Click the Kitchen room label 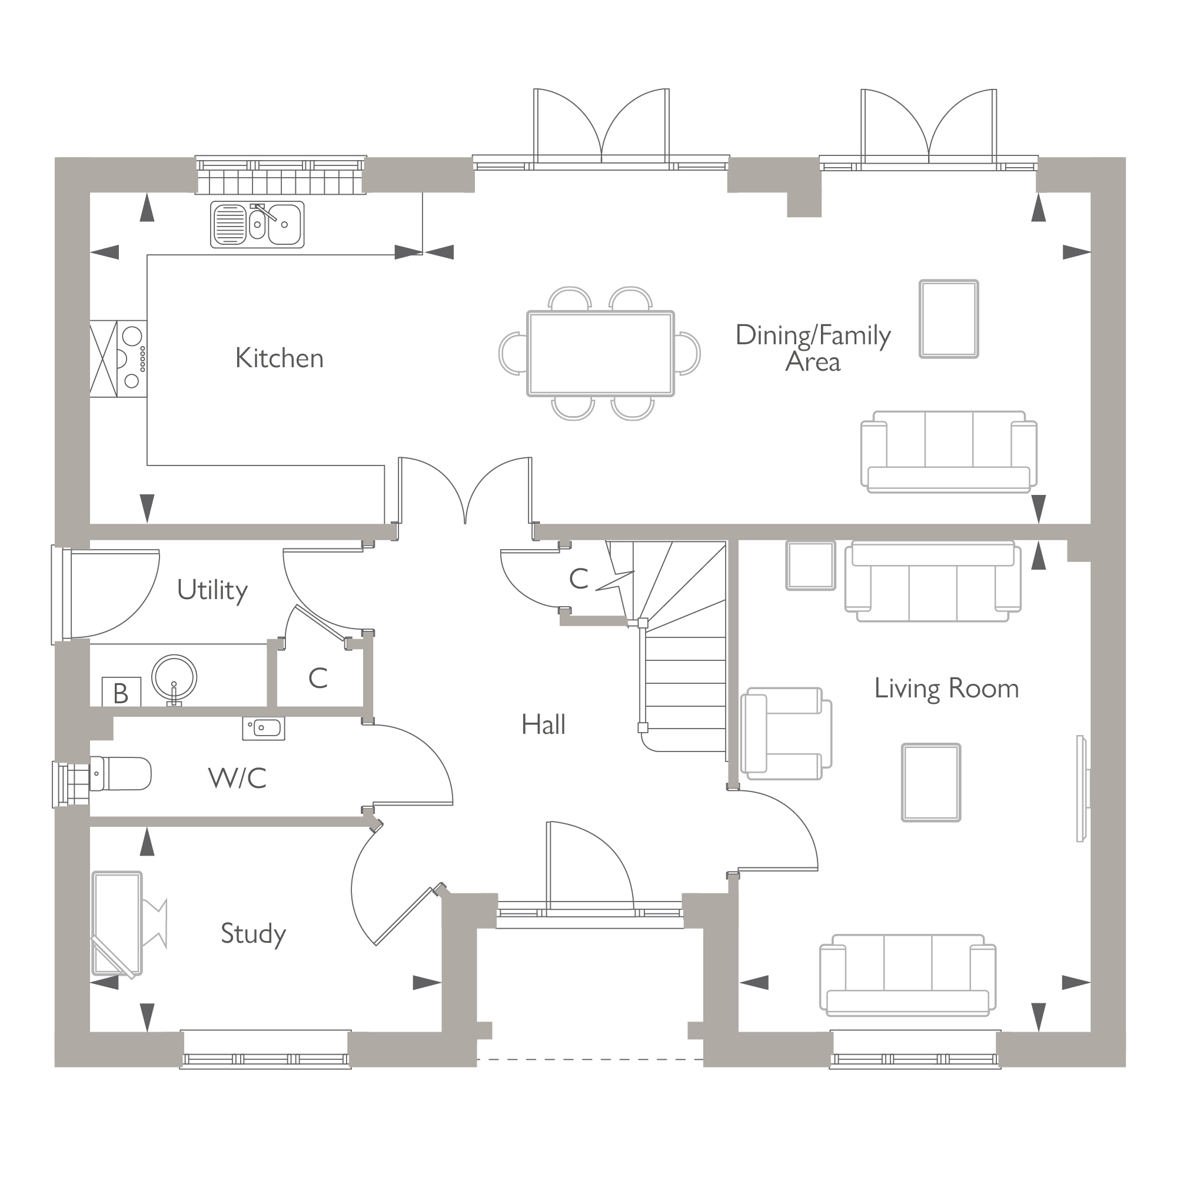[279, 358]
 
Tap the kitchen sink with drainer [257, 224]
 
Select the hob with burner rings [132, 359]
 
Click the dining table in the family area [600, 353]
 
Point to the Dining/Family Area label [813, 348]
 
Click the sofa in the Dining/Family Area [948, 452]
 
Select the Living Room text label [946, 689]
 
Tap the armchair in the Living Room [784, 733]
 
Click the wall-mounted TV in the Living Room [1080, 789]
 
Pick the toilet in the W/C [121, 774]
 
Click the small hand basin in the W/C [264, 728]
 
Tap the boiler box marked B [121, 693]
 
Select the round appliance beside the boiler [174, 677]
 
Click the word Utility [212, 590]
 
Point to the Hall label [543, 725]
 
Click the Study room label [253, 933]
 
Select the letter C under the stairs [578, 579]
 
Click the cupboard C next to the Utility [317, 678]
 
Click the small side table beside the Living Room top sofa [810, 566]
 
